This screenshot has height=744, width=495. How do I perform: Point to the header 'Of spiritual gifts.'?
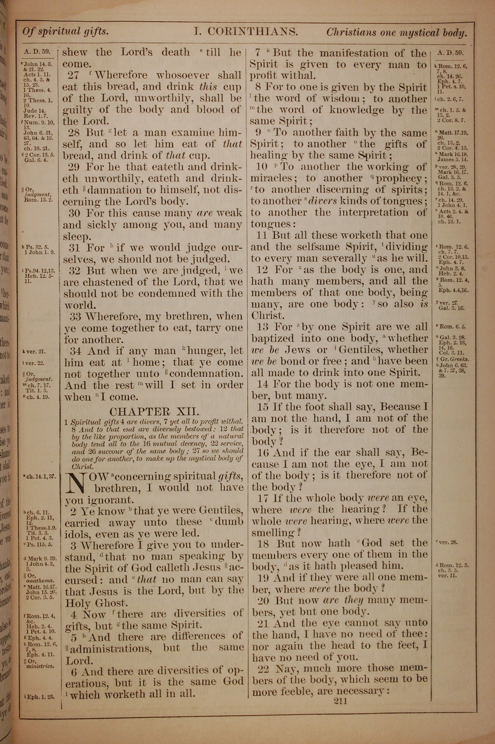65,32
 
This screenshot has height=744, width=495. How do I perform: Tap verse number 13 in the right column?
263,326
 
